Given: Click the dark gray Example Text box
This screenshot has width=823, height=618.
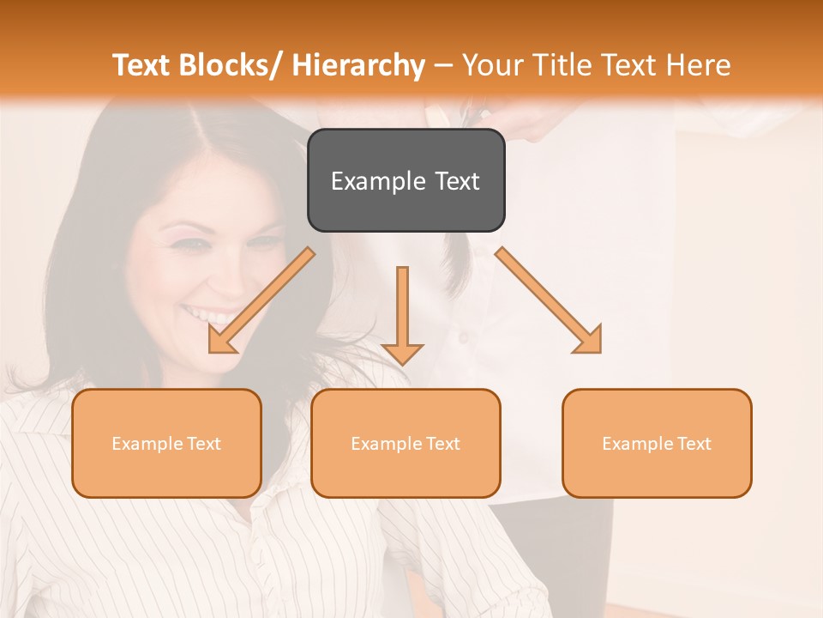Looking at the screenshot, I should tap(405, 180).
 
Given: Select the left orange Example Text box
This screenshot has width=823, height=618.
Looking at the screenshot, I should tap(166, 443).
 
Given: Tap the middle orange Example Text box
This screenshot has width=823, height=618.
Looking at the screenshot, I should tap(405, 443).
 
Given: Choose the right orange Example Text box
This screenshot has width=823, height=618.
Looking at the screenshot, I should tap(657, 443).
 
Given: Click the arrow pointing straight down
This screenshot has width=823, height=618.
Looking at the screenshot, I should tap(402, 315).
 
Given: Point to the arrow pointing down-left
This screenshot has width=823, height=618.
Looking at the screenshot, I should tap(262, 300).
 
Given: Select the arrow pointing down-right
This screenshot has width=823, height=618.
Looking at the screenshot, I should tap(549, 300).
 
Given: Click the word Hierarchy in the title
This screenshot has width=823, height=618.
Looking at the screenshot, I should tap(358, 65).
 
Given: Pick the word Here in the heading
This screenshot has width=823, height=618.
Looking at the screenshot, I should tap(699, 65).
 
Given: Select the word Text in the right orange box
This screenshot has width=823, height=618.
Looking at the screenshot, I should tap(694, 443).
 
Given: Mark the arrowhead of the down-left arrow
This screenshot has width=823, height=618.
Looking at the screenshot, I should tap(219, 341).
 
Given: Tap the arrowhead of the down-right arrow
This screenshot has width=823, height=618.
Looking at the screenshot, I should tap(591, 341).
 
